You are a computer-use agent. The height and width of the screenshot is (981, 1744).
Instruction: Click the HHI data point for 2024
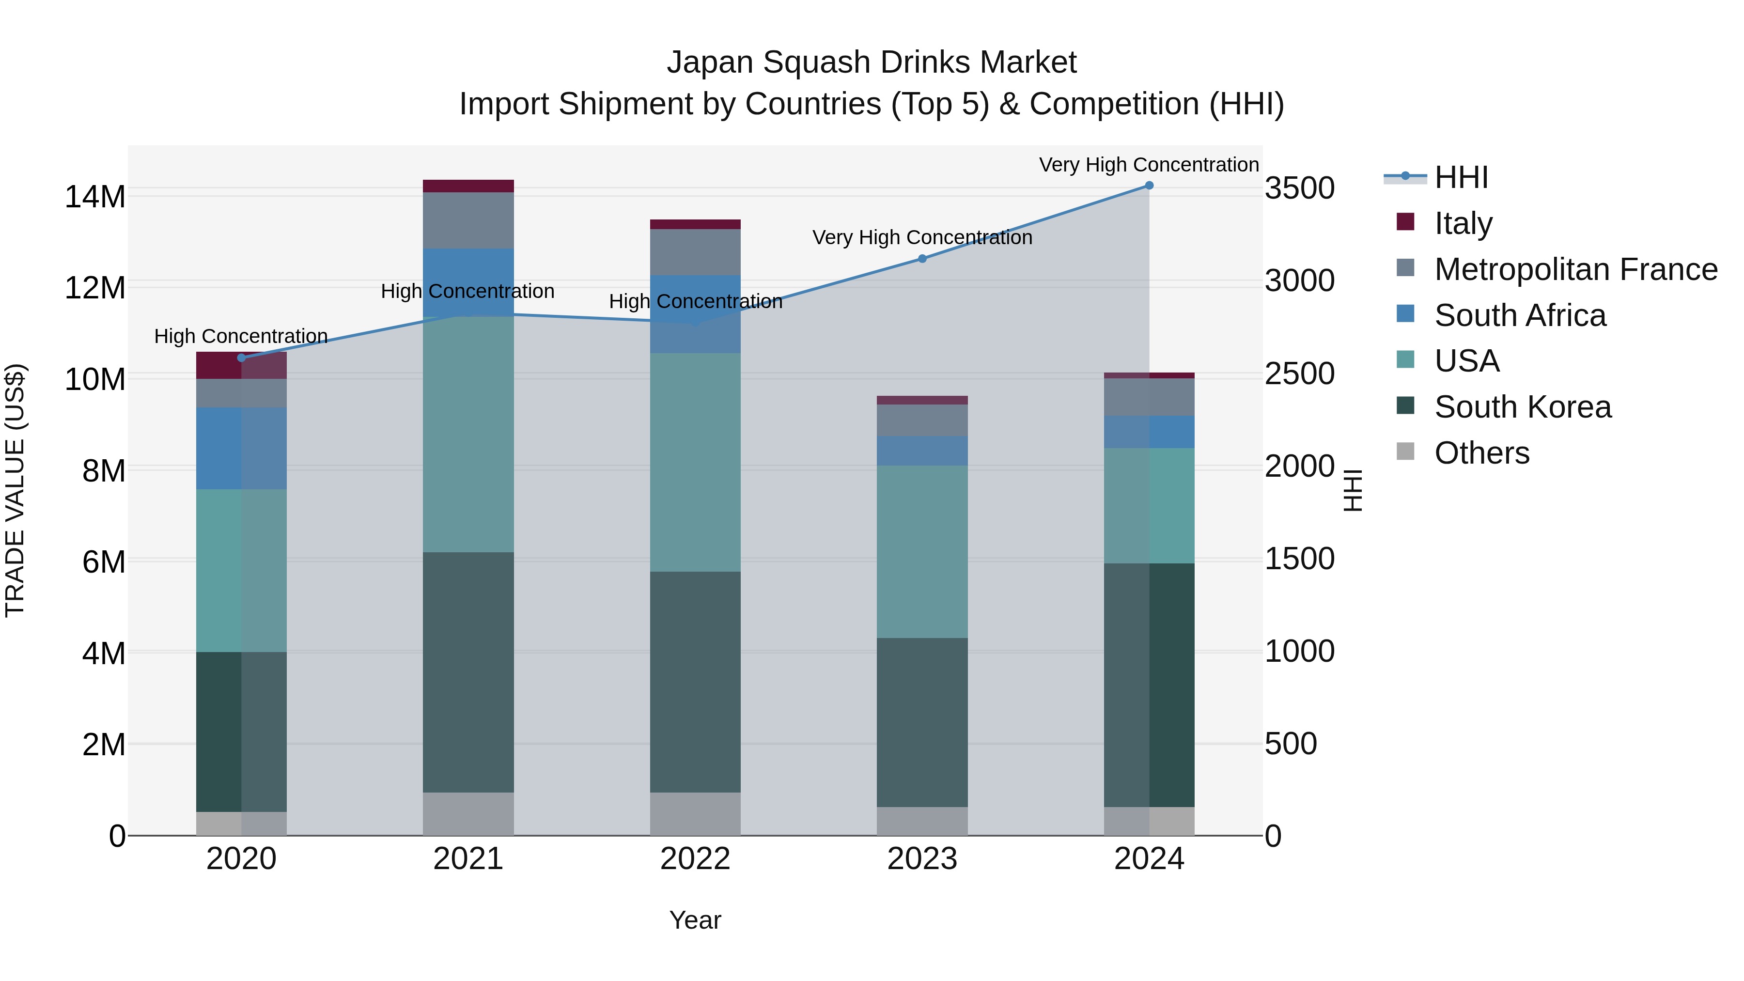coord(1149,186)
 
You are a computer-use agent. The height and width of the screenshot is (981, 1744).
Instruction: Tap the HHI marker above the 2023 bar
coord(922,259)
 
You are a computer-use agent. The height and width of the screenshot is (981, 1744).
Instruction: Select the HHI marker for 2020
coord(242,358)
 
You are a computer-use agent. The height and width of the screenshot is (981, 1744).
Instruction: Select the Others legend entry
coord(1463,452)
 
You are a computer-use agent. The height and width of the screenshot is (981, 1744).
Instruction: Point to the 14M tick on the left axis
coord(95,197)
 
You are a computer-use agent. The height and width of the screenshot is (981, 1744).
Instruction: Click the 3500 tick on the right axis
coord(1300,188)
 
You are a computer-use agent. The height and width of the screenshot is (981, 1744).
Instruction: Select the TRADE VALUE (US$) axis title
coord(15,490)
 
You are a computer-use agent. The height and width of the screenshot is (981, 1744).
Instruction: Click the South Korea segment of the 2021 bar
coord(468,672)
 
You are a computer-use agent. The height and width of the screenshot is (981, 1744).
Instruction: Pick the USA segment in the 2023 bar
coord(922,552)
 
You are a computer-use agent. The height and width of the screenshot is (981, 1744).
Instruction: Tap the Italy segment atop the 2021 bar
coord(468,186)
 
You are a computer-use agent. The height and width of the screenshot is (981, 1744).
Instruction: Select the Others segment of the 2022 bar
coord(695,814)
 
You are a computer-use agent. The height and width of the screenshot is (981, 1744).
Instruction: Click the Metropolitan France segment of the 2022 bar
coord(695,252)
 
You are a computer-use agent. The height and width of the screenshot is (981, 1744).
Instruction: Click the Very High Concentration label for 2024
coord(1149,165)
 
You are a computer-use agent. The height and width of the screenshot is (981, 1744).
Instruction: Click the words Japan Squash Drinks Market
coord(872,62)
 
